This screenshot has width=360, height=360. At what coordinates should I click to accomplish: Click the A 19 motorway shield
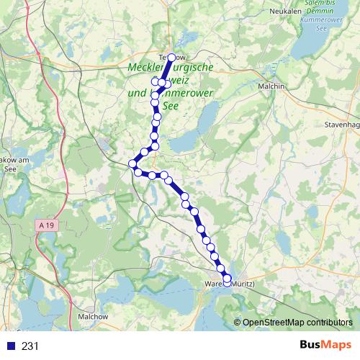47,225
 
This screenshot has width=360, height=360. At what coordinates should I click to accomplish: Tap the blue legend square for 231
10,346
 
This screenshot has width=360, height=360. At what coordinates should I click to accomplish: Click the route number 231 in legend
30,346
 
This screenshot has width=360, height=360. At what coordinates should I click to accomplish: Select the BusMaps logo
325,346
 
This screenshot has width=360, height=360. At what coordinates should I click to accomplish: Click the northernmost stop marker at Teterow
171,57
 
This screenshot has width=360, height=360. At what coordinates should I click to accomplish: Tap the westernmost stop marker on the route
132,164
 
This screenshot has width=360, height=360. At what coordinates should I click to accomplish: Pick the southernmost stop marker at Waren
228,284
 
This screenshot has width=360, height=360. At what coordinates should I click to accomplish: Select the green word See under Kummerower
171,105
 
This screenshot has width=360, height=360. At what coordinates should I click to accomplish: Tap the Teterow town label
171,56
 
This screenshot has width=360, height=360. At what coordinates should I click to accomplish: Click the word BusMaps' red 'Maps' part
336,346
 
